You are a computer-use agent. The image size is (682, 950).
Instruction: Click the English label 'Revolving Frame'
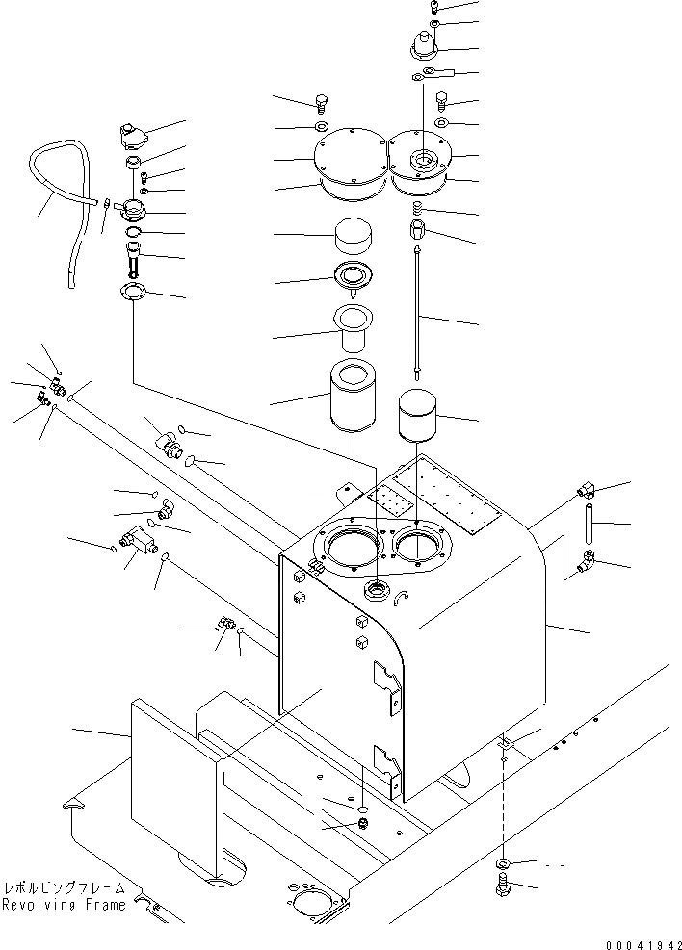pos(64,905)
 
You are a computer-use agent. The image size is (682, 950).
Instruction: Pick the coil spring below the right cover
pos(417,210)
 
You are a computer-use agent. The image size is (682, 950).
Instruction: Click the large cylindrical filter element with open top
pos(353,396)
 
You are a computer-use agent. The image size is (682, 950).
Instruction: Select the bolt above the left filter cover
pos(323,103)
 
